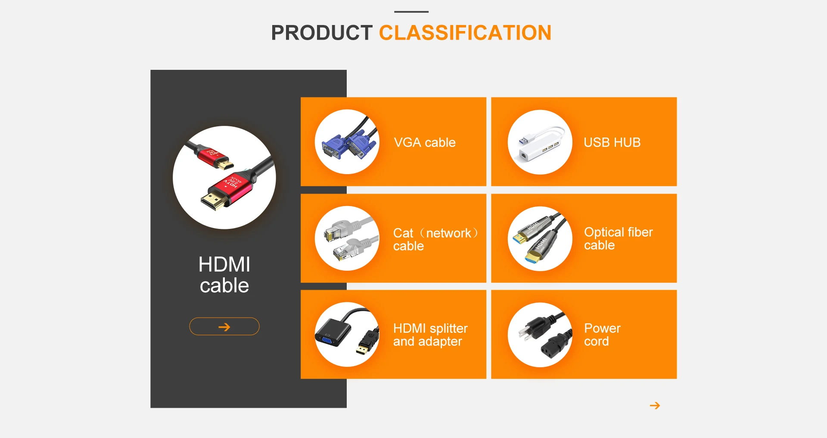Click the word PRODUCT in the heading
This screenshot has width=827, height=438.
click(x=321, y=33)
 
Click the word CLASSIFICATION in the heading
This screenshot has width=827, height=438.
click(x=465, y=33)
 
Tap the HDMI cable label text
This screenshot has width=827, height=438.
click(x=224, y=275)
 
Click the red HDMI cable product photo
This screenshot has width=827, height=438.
click(x=224, y=178)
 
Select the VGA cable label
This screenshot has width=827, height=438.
click(x=425, y=142)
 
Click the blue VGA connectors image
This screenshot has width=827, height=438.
click(x=347, y=142)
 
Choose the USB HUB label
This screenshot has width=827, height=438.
click(x=612, y=142)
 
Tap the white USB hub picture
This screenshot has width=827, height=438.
click(x=540, y=142)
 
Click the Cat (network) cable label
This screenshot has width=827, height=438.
click(x=435, y=239)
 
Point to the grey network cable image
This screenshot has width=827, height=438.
click(x=347, y=238)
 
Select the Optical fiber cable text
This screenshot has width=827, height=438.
click(x=619, y=238)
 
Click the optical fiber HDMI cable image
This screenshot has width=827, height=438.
click(x=540, y=239)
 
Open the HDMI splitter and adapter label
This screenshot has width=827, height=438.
click(x=430, y=335)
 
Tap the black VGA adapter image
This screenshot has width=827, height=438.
click(x=347, y=335)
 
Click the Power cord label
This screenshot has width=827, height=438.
click(x=602, y=335)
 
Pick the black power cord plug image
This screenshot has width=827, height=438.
click(x=540, y=335)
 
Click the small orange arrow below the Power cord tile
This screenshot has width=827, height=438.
click(x=655, y=406)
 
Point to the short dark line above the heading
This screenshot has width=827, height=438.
click(x=411, y=12)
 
